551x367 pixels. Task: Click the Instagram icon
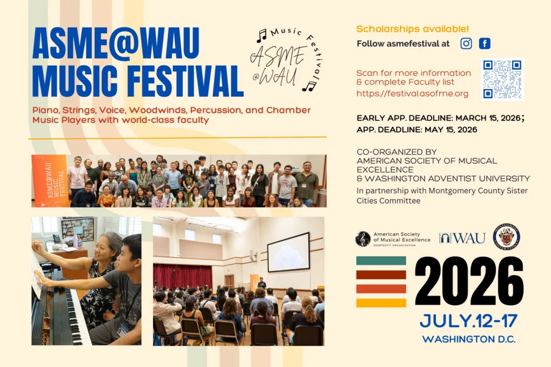click(466, 44)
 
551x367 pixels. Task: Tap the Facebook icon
click(485, 44)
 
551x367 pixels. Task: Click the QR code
click(502, 79)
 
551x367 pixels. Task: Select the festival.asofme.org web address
click(412, 93)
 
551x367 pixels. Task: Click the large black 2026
click(469, 281)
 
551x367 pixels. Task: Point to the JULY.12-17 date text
click(468, 321)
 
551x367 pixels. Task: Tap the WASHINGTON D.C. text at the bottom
click(469, 339)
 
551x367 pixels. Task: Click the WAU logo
click(462, 238)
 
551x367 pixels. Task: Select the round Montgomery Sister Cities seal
click(506, 237)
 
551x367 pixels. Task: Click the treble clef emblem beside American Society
click(363, 239)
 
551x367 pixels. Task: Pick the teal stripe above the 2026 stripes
click(381, 261)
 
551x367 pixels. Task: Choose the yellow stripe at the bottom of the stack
click(381, 303)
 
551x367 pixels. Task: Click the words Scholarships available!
click(412, 29)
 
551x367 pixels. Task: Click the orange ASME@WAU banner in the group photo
click(50, 181)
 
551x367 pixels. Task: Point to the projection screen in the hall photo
click(288, 252)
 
